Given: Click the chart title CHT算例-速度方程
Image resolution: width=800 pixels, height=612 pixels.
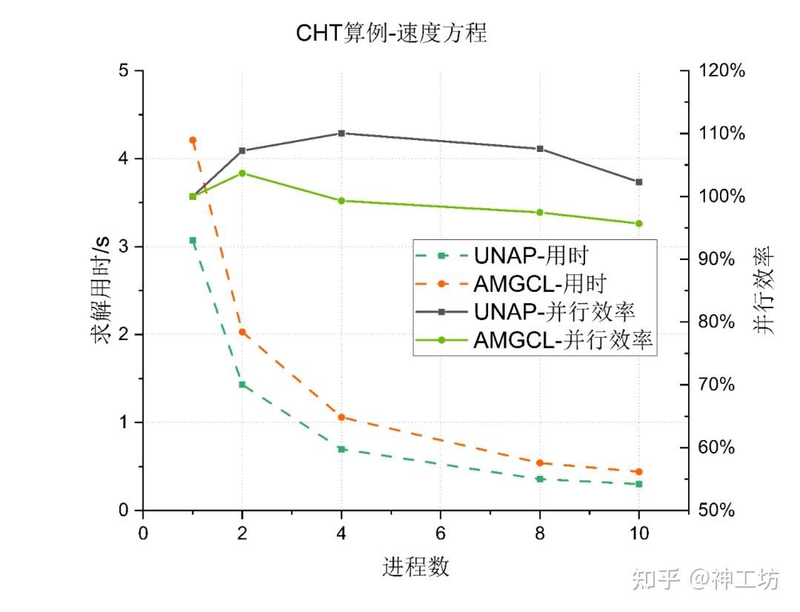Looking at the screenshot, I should point(392,33).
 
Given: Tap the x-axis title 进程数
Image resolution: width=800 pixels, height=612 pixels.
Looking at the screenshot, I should point(416,567).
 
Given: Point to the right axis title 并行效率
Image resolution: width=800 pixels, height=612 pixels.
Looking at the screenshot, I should point(767,290).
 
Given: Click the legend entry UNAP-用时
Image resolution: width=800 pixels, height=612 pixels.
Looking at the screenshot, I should point(530,256).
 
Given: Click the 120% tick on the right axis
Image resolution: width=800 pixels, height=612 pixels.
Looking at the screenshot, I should point(722,71).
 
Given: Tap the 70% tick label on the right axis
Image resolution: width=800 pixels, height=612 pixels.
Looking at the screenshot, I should point(719,385).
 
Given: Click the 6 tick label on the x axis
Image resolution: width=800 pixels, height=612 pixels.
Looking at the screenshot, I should point(441,533).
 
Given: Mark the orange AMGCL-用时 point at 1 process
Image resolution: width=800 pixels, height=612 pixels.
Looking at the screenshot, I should point(193,140).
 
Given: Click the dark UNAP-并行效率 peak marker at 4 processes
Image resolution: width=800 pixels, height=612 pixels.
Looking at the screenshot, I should point(341,133).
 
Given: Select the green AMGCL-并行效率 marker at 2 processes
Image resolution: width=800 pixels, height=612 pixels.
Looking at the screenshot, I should point(242,173).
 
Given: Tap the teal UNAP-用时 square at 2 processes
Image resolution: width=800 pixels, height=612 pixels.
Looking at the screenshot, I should point(242,385).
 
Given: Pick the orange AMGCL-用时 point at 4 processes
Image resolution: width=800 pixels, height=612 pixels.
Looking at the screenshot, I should point(341,417).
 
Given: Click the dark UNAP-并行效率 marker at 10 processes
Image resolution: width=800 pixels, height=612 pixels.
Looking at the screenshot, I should point(639,182).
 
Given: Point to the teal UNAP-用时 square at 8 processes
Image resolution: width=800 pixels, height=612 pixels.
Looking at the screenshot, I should point(540,479).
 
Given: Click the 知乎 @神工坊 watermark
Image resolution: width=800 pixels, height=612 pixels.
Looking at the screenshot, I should point(705,579).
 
